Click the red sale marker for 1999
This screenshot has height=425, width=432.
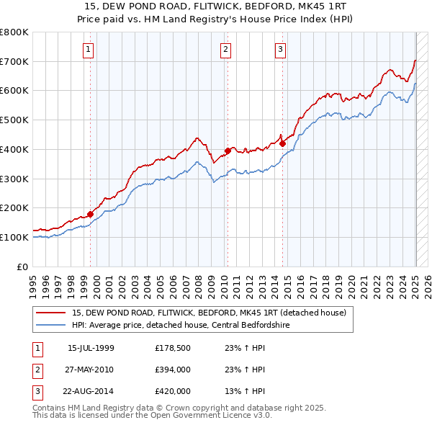click(x=91, y=213)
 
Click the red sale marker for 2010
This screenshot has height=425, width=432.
click(x=228, y=151)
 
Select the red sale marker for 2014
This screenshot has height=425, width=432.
click(x=282, y=143)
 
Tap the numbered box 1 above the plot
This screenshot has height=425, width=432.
click(x=88, y=50)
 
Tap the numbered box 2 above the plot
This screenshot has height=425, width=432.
click(x=225, y=50)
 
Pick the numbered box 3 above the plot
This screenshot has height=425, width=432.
click(x=279, y=50)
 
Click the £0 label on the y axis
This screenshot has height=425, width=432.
click(x=22, y=267)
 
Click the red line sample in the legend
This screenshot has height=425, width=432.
click(x=52, y=313)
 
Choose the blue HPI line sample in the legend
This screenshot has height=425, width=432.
click(x=52, y=325)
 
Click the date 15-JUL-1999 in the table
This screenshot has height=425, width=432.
click(x=91, y=348)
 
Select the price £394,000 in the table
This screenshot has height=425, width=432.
click(x=172, y=370)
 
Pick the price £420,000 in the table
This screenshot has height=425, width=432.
click(x=172, y=391)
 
